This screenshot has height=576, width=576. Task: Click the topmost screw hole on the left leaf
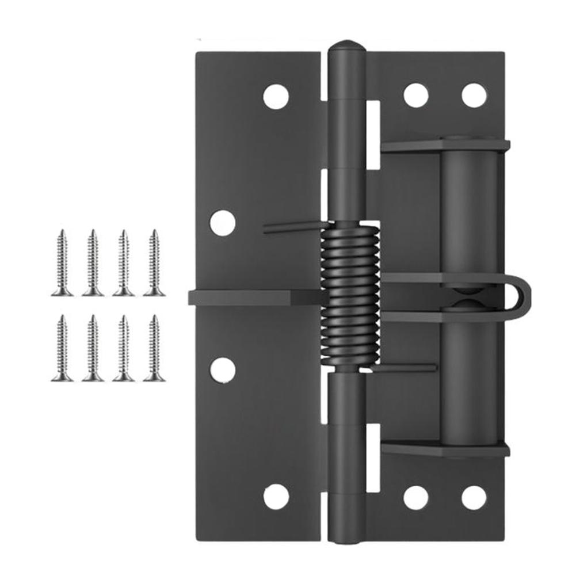click(x=276, y=96)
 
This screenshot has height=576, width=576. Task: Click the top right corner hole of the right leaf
click(x=474, y=96)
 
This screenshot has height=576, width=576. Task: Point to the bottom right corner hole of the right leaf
click(x=474, y=497)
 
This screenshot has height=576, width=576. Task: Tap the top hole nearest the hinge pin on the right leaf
click(x=415, y=96)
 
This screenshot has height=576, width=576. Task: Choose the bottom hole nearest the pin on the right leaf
click(x=415, y=497)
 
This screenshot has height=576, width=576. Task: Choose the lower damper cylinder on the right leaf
click(x=468, y=380)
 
